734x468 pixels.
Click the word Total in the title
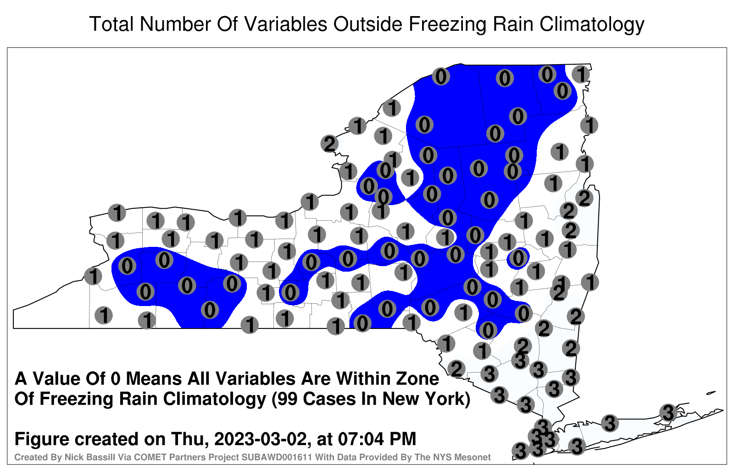coord(111,24)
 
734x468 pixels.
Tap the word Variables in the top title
coord(285,24)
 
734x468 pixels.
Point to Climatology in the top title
coord(592,25)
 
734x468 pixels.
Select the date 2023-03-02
coord(261,439)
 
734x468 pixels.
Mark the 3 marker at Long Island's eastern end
coord(668,412)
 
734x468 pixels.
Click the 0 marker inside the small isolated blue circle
coord(518,258)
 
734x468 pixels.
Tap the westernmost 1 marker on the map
coord(93,276)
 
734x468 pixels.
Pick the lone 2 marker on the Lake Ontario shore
coord(329,144)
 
